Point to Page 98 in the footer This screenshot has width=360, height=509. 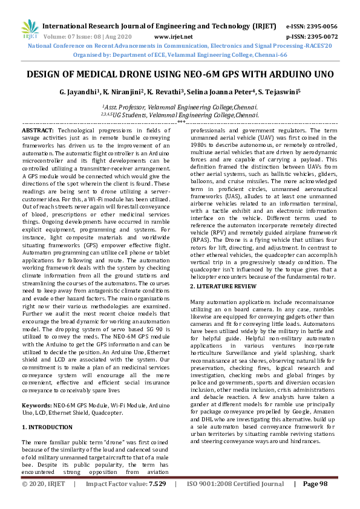pyautogui.click(x=315, y=501)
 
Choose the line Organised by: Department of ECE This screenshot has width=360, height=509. pyautogui.click(x=180, y=54)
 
